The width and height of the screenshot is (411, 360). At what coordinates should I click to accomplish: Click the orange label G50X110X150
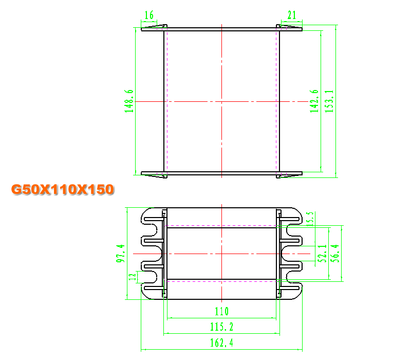pos(63,189)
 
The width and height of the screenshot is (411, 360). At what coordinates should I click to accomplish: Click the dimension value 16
pos(149,15)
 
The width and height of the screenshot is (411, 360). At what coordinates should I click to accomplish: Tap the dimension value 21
pos(292,15)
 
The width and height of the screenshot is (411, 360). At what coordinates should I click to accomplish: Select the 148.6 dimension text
pos(129,101)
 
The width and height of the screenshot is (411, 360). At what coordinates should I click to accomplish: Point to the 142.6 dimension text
pos(314,101)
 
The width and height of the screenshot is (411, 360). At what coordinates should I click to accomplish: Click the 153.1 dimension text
pos(329,101)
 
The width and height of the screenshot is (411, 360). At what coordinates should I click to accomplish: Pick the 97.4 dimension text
pos(121,253)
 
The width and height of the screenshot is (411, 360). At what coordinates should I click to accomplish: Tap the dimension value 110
pos(222,311)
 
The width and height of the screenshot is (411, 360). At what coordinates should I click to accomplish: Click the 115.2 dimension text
pos(222,327)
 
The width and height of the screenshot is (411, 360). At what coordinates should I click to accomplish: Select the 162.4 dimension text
pos(222,343)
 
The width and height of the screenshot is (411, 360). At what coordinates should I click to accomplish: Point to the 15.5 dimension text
pos(310,219)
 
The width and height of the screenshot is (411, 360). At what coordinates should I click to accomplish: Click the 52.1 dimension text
pos(322,254)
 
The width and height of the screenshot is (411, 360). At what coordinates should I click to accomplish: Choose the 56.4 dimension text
pos(335,254)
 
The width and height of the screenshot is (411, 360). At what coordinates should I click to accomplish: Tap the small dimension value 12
pos(133,277)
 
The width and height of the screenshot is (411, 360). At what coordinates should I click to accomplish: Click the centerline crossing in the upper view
pos(222,101)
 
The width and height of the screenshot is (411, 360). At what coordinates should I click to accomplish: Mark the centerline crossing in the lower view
pos(222,254)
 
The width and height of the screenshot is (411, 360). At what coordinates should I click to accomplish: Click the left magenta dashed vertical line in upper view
pos(167,101)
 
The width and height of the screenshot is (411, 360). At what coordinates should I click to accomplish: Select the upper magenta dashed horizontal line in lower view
pos(222,225)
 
